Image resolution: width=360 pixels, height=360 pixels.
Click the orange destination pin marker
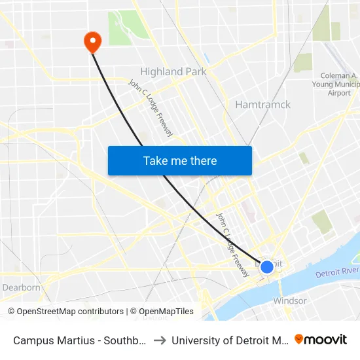(x=92, y=42)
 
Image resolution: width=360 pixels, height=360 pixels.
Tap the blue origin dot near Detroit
(x=266, y=267)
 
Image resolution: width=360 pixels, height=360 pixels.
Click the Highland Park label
(x=173, y=71)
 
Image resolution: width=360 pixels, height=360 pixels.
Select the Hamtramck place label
(x=262, y=105)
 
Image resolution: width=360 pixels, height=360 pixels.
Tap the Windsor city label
(x=289, y=301)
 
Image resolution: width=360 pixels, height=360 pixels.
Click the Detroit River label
(x=337, y=272)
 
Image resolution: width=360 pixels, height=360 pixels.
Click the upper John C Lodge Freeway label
(x=151, y=108)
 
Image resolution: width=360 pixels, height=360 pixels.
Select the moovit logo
(x=321, y=339)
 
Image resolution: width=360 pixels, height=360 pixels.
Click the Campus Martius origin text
(x=79, y=340)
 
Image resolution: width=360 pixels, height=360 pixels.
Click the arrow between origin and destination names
(x=160, y=340)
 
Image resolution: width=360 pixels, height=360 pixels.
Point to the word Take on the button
(x=156, y=160)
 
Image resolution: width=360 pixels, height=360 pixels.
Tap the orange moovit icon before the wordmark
(x=299, y=339)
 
